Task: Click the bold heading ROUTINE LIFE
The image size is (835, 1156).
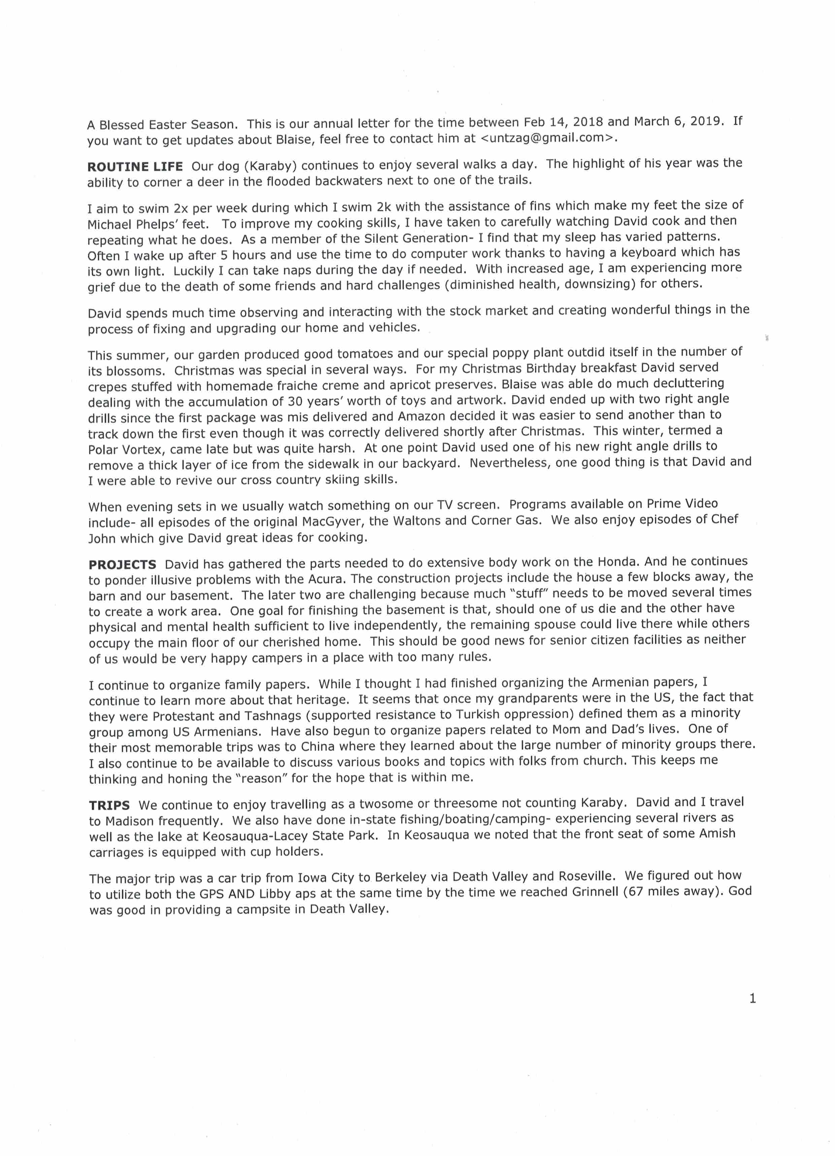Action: point(135,167)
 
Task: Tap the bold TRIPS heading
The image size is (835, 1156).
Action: point(109,805)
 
